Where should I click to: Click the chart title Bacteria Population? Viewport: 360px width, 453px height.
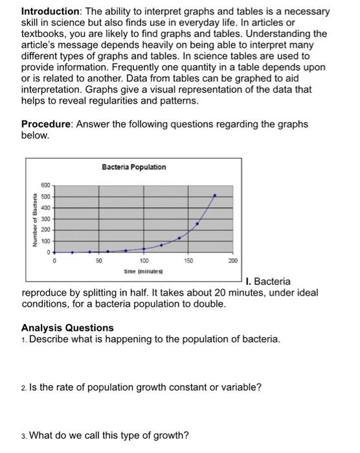coord(133,167)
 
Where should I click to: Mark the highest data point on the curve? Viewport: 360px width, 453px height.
coord(215,194)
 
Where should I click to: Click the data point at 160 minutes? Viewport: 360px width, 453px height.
coord(197,223)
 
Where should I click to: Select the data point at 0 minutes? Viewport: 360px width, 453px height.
coord(54,252)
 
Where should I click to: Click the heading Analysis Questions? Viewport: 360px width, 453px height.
coord(67,327)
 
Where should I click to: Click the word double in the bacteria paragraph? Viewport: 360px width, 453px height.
coord(209,304)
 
